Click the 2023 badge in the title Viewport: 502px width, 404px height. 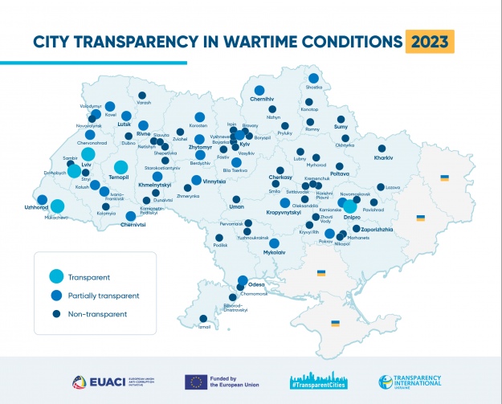click(x=430, y=40)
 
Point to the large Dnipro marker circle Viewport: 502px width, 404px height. click(x=350, y=205)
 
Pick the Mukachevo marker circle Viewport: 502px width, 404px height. click(x=57, y=206)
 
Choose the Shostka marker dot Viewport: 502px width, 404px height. click(x=313, y=79)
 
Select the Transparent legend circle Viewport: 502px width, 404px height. click(x=55, y=277)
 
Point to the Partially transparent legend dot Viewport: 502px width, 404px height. click(x=55, y=296)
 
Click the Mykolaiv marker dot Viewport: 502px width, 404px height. click(x=274, y=243)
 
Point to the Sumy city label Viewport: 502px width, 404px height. click(x=341, y=127)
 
